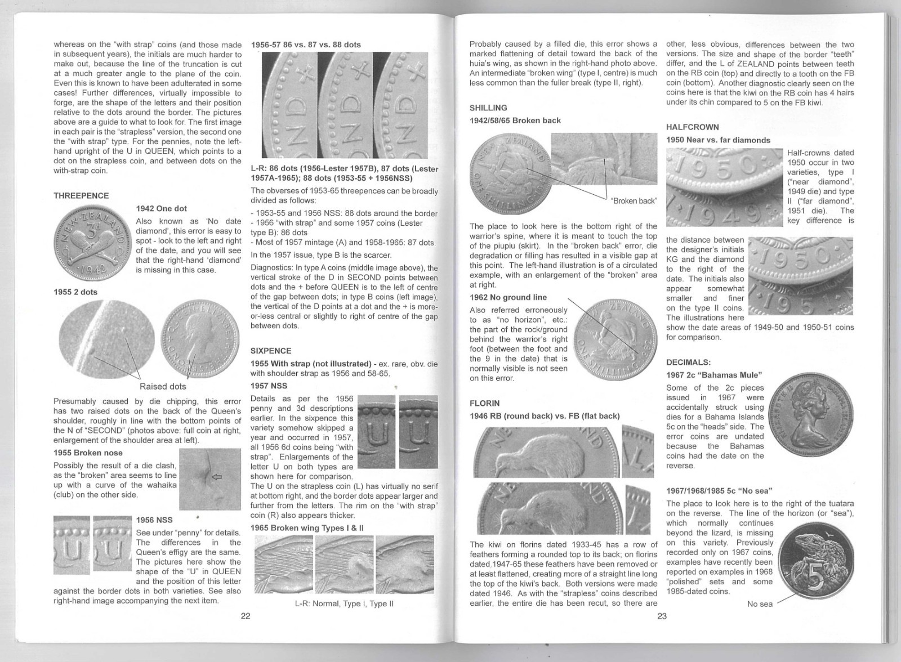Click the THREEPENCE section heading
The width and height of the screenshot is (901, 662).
click(x=81, y=195)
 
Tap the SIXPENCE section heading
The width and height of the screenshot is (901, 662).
click(x=271, y=351)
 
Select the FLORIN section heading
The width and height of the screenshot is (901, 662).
click(x=484, y=403)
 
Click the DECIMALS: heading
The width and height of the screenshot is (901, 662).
click(x=688, y=362)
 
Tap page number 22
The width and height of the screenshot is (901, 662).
click(x=246, y=616)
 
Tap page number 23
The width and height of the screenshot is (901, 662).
click(x=662, y=616)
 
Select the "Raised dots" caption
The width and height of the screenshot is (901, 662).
click(x=162, y=386)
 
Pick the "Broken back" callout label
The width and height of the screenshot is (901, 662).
click(x=634, y=200)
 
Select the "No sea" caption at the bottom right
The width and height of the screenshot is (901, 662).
click(x=759, y=604)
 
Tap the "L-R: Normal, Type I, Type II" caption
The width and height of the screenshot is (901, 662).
click(x=344, y=603)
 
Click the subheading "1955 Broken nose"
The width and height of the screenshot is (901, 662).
click(x=88, y=453)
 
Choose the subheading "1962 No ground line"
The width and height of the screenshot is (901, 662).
click(x=508, y=297)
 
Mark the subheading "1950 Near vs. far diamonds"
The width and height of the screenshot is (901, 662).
click(x=718, y=140)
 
